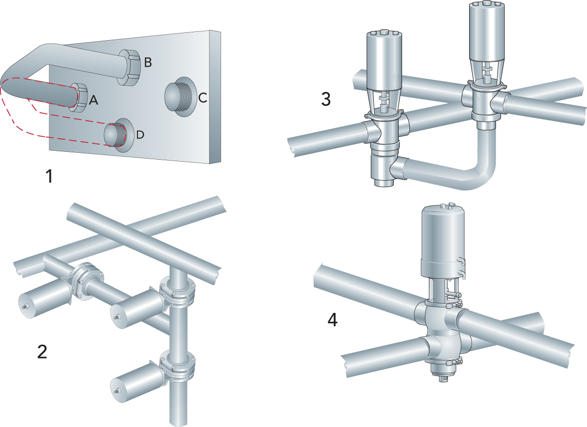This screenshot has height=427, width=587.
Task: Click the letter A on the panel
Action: coord(94,100)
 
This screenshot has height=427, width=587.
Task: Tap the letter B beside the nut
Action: coord(148,63)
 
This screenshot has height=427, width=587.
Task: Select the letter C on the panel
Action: coord(203,98)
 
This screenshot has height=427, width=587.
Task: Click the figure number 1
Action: coord(48,176)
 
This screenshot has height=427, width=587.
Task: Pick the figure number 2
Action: coord(43,351)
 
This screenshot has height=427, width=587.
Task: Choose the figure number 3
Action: coord(326,99)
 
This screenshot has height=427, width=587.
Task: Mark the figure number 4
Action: coord(332,321)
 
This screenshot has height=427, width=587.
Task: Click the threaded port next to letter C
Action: coord(177,96)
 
